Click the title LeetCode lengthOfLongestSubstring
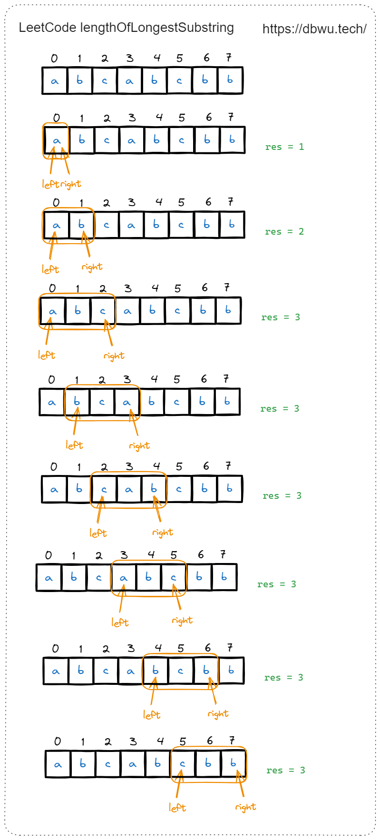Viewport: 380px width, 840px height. coord(126,28)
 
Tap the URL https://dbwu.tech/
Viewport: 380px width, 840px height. coord(314,29)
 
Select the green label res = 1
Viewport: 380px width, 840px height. coord(284,147)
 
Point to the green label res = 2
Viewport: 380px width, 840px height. coord(284,232)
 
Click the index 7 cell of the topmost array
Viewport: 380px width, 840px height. coord(230,80)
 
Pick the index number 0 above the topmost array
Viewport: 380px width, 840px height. coord(54,59)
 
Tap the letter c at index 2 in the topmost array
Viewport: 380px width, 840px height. coord(105,80)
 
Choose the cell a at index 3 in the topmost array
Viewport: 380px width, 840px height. coord(129,80)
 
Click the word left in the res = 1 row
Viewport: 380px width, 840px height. coord(50,184)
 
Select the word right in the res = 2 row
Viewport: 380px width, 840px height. coord(92,267)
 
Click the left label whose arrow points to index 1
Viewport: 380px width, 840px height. coord(74,445)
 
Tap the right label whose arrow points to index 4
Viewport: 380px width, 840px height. coord(163,533)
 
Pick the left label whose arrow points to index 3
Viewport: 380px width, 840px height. coord(120,623)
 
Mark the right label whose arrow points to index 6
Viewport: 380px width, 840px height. coord(218,714)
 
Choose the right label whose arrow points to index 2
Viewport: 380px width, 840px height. coord(114,356)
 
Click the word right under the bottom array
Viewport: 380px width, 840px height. coord(245,807)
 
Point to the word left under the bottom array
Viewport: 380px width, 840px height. coord(177,808)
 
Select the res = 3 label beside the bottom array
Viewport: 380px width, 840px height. coord(286,771)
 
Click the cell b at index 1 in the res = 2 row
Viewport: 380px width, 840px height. coord(81,225)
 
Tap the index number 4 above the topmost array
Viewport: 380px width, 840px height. coord(157,58)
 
